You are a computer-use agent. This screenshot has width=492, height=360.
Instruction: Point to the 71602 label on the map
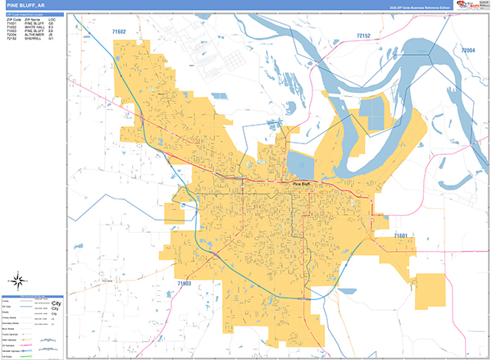coord(119,31)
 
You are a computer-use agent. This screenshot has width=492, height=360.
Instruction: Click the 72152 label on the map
coord(365,36)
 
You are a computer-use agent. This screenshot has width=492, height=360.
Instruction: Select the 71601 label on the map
coord(401,236)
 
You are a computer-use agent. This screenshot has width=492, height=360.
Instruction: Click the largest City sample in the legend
coord(57,303)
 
